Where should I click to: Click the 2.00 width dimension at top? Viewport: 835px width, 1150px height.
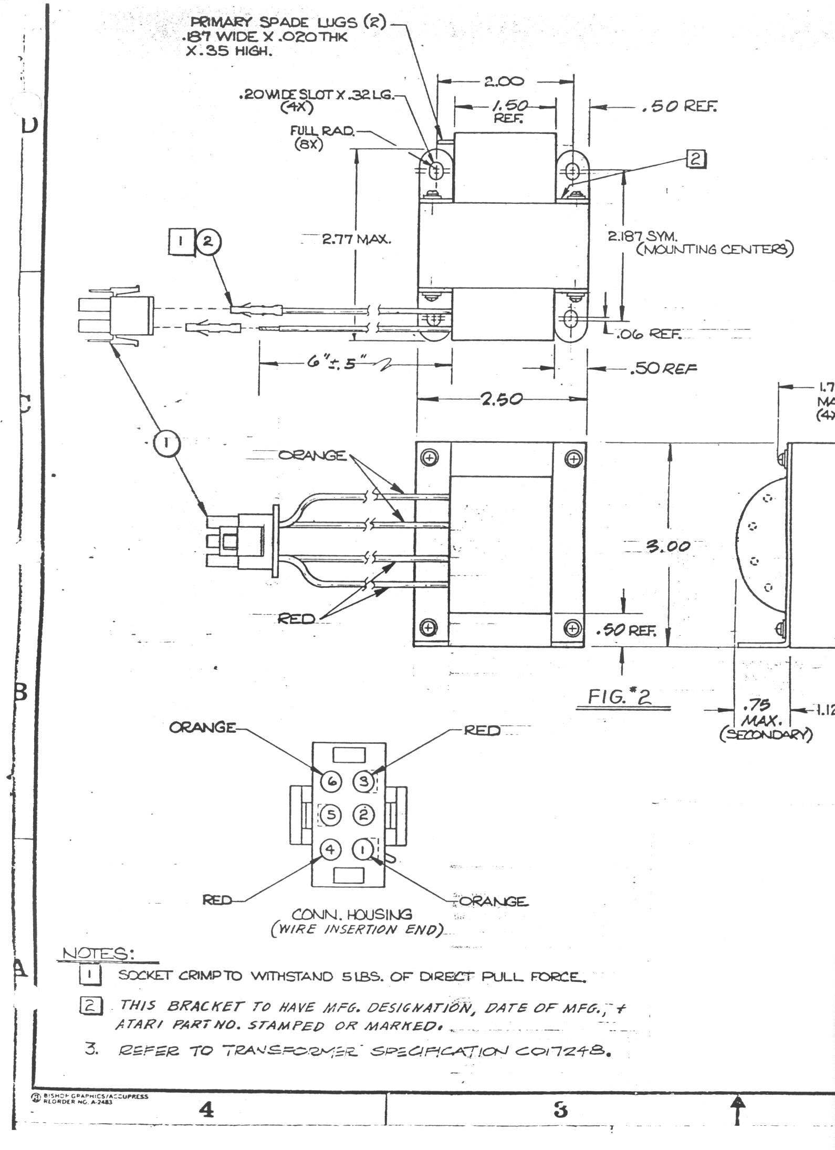[504, 81]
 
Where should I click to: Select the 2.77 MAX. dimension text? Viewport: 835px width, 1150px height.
[357, 240]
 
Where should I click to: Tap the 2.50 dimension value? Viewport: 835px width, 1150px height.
[502, 399]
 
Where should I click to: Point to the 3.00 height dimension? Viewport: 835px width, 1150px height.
[669, 546]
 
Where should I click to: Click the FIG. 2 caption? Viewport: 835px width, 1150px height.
[620, 697]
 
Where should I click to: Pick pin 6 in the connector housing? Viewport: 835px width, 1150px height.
[332, 781]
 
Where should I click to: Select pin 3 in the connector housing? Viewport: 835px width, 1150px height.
[363, 781]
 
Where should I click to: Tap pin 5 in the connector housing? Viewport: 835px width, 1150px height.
[331, 814]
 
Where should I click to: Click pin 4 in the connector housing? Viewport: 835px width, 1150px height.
[330, 849]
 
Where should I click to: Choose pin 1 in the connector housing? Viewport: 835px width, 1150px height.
[362, 849]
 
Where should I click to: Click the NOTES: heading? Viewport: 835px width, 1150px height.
[98, 954]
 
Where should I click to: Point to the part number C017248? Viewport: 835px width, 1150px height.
[560, 1051]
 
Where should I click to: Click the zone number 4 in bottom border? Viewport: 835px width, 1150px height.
[207, 1110]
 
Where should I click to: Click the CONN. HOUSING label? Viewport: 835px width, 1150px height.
[352, 915]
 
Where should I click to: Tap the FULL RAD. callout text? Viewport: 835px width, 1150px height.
[322, 131]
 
